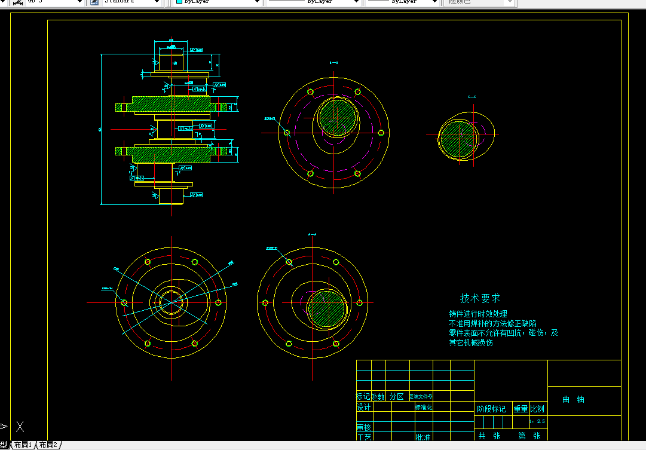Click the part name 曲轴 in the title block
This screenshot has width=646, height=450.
pos(573,399)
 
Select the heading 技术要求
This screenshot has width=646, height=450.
pos(480,298)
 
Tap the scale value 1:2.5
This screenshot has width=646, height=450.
pos(538,421)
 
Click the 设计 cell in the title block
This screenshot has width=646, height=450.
pos(364,407)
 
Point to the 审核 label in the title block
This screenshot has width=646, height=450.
pos(364,427)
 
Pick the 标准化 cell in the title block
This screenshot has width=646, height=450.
pos(423,407)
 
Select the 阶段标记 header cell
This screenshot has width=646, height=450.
pos(492,409)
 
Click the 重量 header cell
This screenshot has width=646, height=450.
pos(521,409)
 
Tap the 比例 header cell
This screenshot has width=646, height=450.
pos(537,409)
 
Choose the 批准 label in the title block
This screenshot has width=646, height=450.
pos(423,437)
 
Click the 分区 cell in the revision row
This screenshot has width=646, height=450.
pos(397,396)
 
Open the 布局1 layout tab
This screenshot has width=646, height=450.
pos(23,445)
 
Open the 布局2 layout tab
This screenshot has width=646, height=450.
pos(48,445)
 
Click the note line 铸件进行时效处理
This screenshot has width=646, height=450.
pos(478,314)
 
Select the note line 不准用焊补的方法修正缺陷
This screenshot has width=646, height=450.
pos(492,323)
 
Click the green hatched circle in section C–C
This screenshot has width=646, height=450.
pos(459,137)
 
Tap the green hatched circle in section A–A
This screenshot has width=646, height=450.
pos(326,308)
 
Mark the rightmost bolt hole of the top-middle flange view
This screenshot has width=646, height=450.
pos(381,133)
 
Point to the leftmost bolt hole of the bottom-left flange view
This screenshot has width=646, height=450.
pos(124,302)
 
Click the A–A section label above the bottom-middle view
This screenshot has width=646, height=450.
pos(311,235)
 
